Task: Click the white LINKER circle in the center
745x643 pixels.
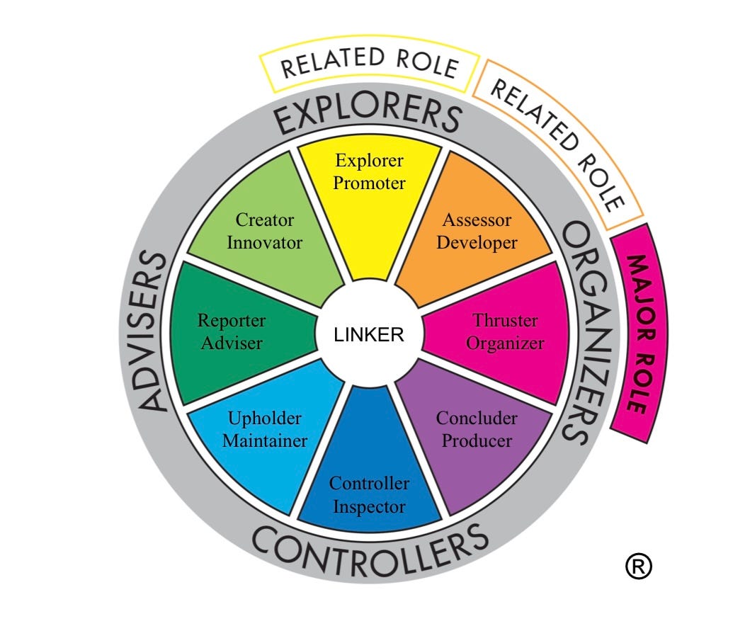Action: pyautogui.click(x=369, y=334)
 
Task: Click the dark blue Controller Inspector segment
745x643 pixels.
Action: pyautogui.click(x=369, y=489)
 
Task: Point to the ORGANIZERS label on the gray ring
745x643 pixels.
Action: pyautogui.click(x=585, y=333)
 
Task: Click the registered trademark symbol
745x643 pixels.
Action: pyautogui.click(x=638, y=566)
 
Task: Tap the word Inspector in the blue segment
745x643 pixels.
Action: pyautogui.click(x=369, y=507)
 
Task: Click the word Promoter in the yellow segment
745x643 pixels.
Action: pyautogui.click(x=369, y=183)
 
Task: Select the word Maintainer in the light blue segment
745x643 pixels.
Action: pyautogui.click(x=265, y=440)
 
